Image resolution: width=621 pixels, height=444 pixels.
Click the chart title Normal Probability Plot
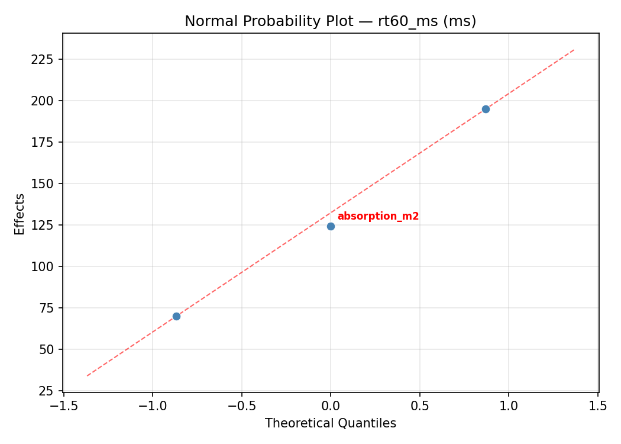pyautogui.click(x=330, y=21)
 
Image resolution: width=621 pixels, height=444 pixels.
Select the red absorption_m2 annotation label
pyautogui.click(x=378, y=217)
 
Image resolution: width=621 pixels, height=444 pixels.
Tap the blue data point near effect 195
pyautogui.click(x=486, y=109)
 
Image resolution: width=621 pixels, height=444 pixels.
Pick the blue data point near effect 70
pyautogui.click(x=176, y=316)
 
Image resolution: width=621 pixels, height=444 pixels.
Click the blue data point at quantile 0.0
pyautogui.click(x=331, y=226)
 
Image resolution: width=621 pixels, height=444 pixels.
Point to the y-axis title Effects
pyautogui.click(x=20, y=214)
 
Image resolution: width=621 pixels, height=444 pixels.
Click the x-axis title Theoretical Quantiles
pyautogui.click(x=330, y=423)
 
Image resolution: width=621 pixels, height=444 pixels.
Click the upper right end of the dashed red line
pyautogui.click(x=574, y=50)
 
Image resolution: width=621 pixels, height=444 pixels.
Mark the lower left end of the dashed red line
pyautogui.click(x=87, y=375)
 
